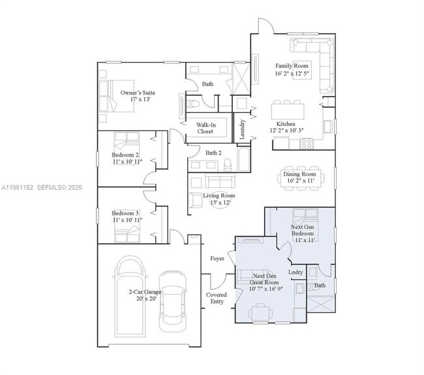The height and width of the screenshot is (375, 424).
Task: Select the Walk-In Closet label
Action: coord(205,127)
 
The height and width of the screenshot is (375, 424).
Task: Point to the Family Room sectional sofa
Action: coord(312,52)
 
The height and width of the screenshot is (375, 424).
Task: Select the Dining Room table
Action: coord(299,179)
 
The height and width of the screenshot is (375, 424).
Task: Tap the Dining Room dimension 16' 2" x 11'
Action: coord(299,182)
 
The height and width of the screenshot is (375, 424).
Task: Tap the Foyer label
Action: coord(217,258)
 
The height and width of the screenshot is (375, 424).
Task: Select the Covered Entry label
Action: coord(217,297)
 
